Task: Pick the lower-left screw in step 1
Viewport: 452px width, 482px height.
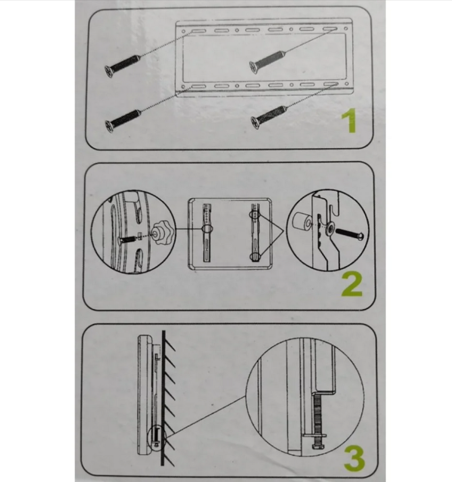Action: pyautogui.click(x=123, y=121)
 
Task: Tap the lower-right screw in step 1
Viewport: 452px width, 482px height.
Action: pyautogui.click(x=269, y=117)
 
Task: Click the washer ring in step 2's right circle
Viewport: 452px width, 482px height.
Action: pyautogui.click(x=330, y=228)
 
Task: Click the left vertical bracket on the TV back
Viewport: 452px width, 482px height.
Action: pyautogui.click(x=207, y=233)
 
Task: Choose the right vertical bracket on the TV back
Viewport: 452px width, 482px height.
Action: pyautogui.click(x=255, y=233)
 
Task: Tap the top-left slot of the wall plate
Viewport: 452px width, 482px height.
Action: pyautogui.click(x=199, y=31)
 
